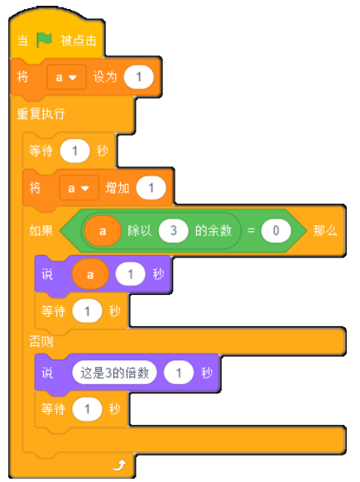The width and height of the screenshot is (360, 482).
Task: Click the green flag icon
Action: point(44,40)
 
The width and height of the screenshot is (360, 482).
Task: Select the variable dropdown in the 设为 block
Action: point(66,77)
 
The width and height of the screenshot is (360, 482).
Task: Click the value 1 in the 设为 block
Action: point(138,77)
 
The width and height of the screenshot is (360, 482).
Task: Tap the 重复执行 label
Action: point(41,113)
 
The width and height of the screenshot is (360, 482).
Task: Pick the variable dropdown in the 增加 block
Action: point(79,188)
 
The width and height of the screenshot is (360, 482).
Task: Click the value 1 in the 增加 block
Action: point(151,188)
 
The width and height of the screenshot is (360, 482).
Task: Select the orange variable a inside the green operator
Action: point(103,231)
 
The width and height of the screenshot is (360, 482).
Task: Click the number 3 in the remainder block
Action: point(173,230)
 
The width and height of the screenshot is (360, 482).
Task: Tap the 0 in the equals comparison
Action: point(276,230)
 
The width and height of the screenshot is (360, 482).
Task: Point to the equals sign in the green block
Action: point(251,230)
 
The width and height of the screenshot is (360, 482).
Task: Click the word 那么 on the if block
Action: point(325,230)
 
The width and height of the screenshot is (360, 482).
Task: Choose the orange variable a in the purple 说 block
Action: point(90,274)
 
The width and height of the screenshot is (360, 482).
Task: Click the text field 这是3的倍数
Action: point(114,373)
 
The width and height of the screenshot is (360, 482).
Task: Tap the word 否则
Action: point(41,341)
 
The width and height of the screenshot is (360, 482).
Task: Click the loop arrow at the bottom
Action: point(119,465)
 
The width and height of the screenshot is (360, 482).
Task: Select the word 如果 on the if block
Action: point(41,230)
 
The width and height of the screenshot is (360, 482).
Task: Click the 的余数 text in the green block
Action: point(214,230)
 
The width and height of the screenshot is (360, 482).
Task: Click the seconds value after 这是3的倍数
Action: point(179,373)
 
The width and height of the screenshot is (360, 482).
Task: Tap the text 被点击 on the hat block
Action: point(79,41)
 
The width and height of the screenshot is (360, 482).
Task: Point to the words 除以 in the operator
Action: point(140,230)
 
